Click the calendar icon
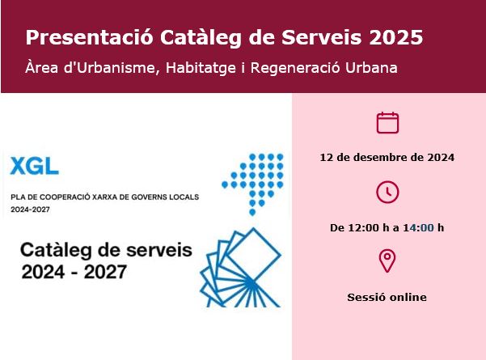(x=388, y=122)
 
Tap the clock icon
(x=388, y=192)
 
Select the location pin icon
(x=388, y=261)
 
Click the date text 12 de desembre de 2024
(x=388, y=157)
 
